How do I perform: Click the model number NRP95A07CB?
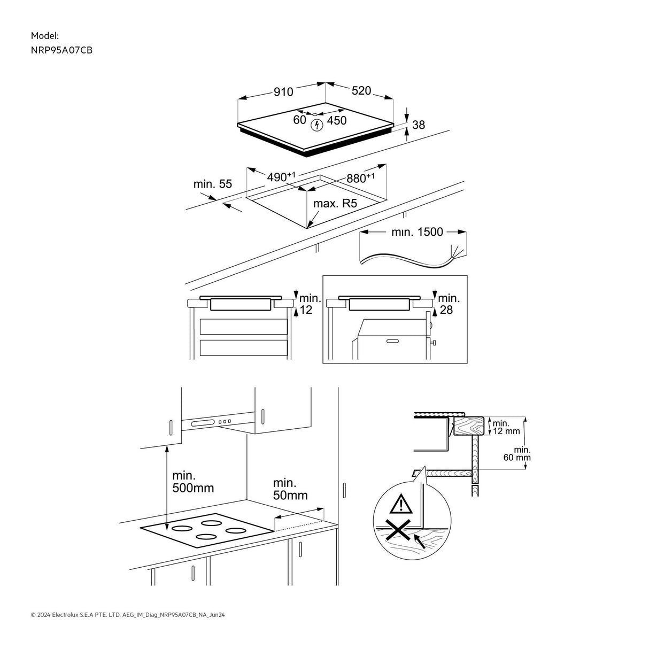pyautogui.click(x=58, y=50)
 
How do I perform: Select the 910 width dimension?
pyautogui.click(x=283, y=92)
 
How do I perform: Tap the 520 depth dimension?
pyautogui.click(x=361, y=91)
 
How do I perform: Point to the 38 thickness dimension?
pyautogui.click(x=419, y=125)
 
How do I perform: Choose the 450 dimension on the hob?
pyautogui.click(x=337, y=121)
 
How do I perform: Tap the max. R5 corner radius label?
pyautogui.click(x=335, y=204)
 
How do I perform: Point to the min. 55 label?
pyautogui.click(x=213, y=184)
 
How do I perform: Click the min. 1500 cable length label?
pyautogui.click(x=417, y=232)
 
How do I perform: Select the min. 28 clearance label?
pyautogui.click(x=449, y=304)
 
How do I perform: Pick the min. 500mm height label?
pyautogui.click(x=192, y=482)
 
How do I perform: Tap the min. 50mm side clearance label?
pyautogui.click(x=290, y=489)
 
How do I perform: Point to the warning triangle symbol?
pyautogui.click(x=398, y=504)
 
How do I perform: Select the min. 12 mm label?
pyautogui.click(x=506, y=427)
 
